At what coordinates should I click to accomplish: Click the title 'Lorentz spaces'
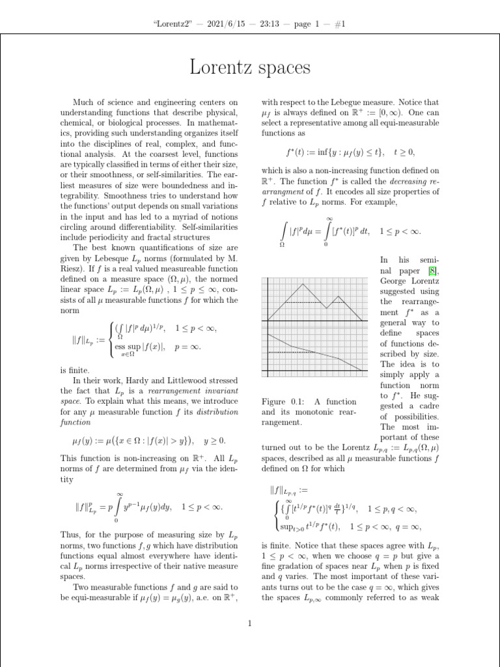tap(249, 68)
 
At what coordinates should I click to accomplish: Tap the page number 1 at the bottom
tap(249, 625)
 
